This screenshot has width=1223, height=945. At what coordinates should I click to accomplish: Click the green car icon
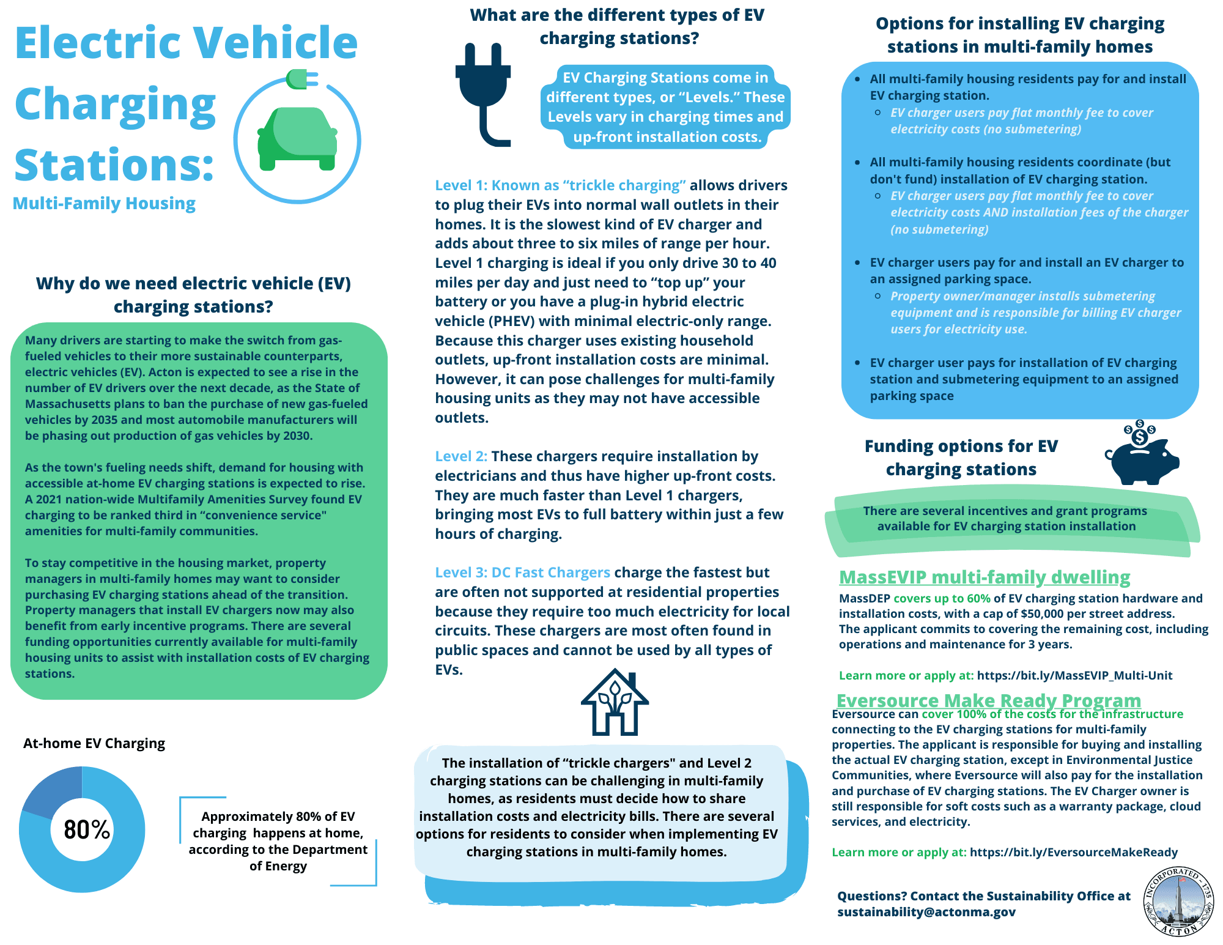pos(297,138)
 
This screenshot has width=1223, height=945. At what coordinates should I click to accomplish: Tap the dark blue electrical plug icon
pos(483,92)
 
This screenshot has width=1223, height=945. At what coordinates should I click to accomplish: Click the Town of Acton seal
pos(1178,901)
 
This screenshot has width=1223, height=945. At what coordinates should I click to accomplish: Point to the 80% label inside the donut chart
pos(87,830)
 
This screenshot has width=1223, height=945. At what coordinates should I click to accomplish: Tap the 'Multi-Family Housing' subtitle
pos(104,203)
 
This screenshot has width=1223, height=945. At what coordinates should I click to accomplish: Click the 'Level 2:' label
pos(461,456)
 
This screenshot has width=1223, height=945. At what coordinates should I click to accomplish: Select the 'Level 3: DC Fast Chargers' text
pos(522,573)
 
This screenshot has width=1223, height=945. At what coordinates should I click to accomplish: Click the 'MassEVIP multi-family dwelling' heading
pos(985,577)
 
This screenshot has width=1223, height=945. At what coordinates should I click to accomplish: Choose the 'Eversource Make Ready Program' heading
pos(988,700)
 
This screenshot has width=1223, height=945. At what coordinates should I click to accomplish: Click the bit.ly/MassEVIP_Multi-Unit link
pos(1074,675)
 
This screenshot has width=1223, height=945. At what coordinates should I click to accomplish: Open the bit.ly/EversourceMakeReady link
pos(1073,852)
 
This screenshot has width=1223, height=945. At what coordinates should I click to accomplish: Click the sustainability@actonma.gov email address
pos(926,912)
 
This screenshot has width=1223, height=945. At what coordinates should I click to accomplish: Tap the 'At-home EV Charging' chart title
pos(94,743)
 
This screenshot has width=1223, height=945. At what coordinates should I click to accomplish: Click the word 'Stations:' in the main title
pos(114,165)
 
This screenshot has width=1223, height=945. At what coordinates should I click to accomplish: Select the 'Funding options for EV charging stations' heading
pos(961,458)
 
